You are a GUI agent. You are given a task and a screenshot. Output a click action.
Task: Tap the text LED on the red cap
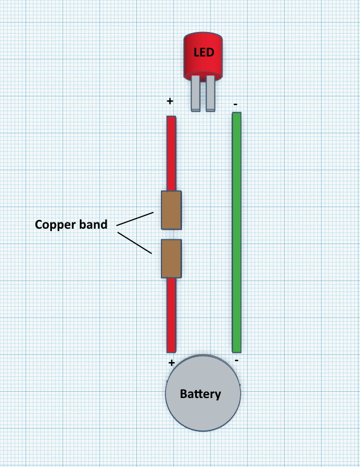204,53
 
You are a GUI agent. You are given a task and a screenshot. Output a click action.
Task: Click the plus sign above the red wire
169,101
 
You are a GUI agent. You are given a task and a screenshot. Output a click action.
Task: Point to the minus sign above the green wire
236,105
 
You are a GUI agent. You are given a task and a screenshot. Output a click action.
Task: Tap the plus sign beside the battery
171,363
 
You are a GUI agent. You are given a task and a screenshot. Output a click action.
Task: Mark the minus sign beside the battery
236,360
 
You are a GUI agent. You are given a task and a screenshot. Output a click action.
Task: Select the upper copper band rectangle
171,210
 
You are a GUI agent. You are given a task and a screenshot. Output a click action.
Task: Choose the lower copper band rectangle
171,259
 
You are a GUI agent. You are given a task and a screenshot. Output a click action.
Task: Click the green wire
237,228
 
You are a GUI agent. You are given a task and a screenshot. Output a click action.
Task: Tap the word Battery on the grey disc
200,394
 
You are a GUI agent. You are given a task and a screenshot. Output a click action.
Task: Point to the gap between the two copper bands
171,234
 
